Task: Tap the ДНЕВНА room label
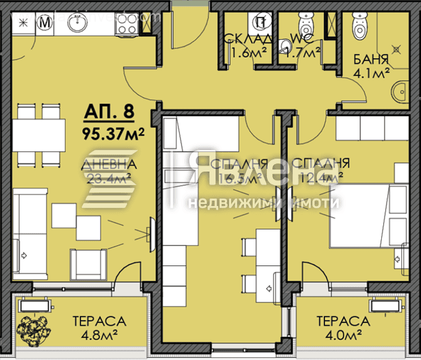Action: [109, 164]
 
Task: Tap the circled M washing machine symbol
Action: [46, 23]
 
